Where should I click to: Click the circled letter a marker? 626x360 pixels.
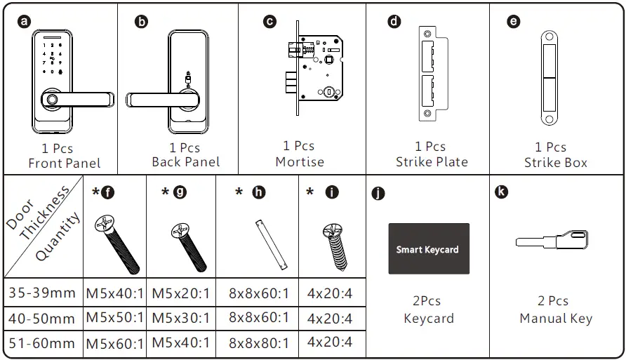click(25, 21)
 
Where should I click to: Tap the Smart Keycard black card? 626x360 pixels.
click(428, 249)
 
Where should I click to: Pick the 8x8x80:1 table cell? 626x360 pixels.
click(258, 343)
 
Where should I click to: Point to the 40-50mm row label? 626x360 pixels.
click(41, 319)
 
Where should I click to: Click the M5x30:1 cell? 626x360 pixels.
click(181, 319)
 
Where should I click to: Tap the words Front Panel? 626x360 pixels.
click(64, 164)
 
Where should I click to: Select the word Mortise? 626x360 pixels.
click(300, 161)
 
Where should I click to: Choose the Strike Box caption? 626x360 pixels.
click(555, 163)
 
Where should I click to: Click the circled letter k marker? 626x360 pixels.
click(501, 192)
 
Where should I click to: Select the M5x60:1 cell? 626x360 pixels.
click(114, 344)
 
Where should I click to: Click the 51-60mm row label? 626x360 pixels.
click(41, 344)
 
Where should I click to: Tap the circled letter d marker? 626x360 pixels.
click(394, 21)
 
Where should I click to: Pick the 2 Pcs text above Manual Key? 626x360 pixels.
click(553, 301)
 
